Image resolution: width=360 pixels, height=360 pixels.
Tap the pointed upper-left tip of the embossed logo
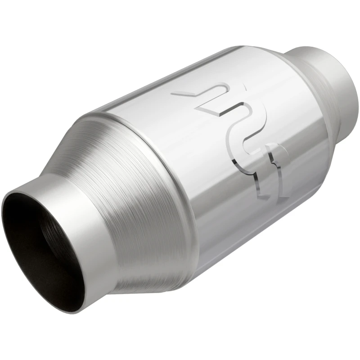[175, 94]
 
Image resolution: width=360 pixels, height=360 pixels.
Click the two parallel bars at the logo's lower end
[272, 180]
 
